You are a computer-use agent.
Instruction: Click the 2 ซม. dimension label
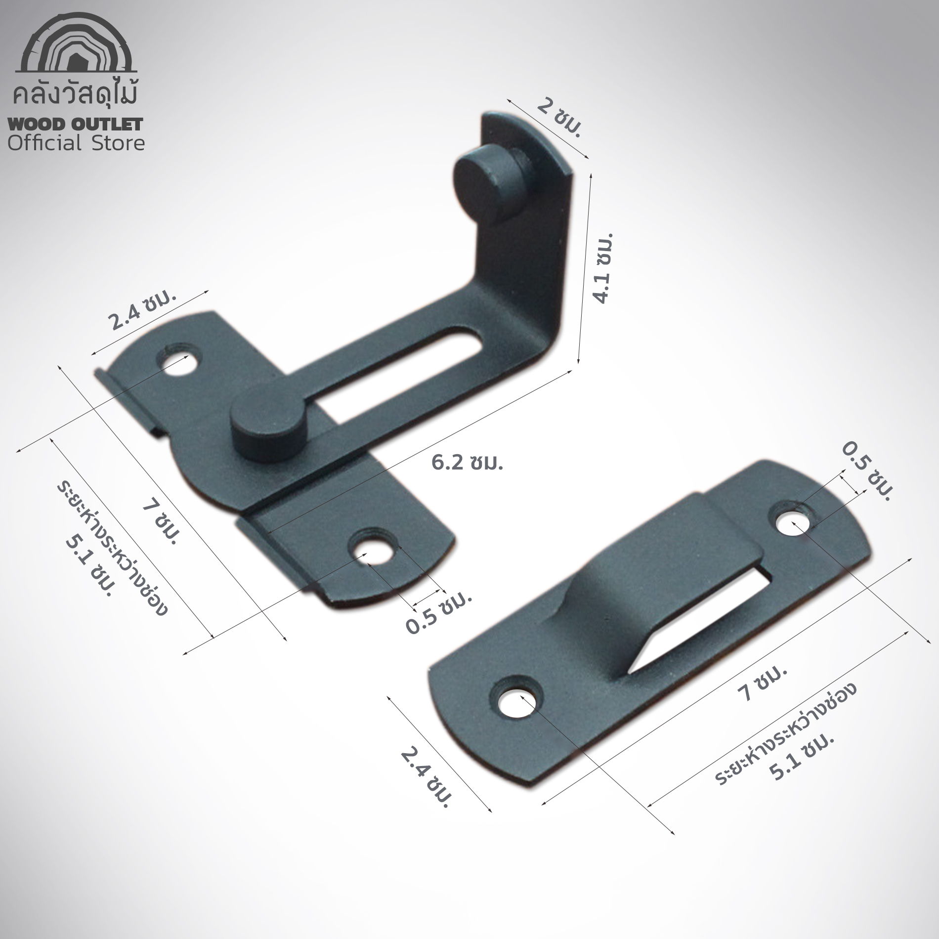pyautogui.click(x=559, y=121)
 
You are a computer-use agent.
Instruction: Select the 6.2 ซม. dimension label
pyautogui.click(x=467, y=463)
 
